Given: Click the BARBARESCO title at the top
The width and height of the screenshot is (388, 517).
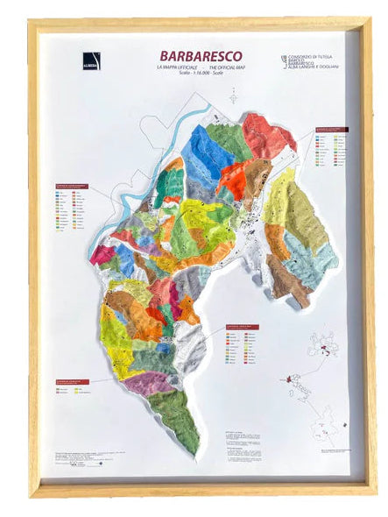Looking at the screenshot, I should coord(188,55).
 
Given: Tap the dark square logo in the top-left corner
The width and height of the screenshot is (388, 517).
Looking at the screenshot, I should coord(92,60).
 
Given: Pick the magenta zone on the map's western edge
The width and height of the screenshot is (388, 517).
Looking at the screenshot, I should coord(102,255).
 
